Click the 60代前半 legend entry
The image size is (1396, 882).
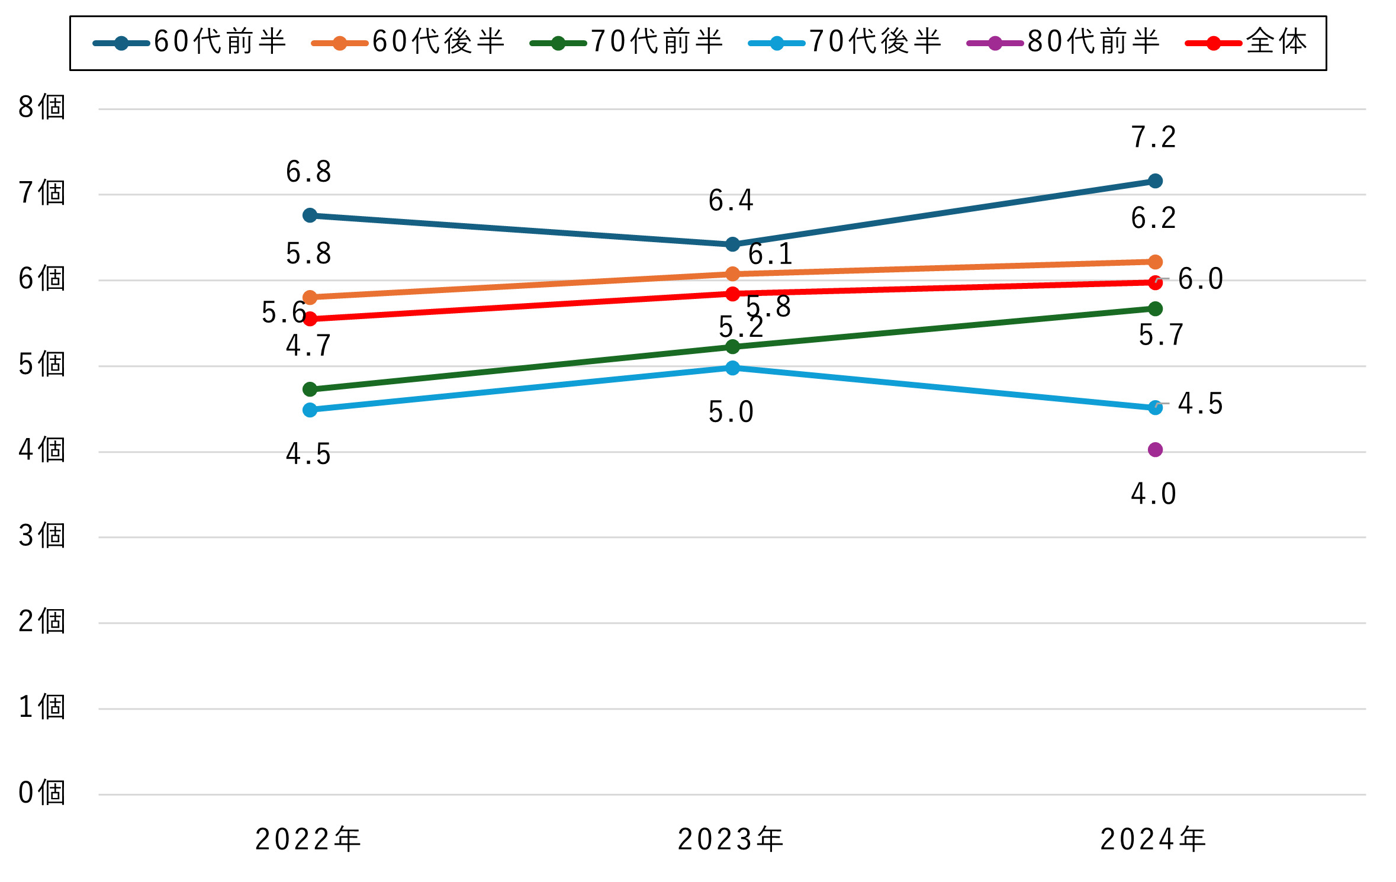189,43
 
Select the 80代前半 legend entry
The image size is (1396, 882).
1063,43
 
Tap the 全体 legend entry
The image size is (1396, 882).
1246,43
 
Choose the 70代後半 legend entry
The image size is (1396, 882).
844,43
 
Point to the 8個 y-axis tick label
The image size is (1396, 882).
41,108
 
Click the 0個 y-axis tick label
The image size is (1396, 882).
41,793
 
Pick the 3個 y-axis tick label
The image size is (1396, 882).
41,536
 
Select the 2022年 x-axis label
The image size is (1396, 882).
308,839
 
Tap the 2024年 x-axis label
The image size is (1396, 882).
1153,839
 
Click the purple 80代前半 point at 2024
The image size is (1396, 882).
1155,450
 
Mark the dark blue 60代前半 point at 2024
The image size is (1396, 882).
1155,181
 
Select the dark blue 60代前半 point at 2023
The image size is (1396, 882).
732,244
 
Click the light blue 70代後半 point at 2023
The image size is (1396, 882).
732,368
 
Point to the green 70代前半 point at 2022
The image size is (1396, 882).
310,389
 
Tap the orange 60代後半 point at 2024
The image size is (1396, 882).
1155,262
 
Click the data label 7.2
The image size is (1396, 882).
1153,137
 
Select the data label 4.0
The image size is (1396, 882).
1153,494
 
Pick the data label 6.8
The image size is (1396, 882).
308,172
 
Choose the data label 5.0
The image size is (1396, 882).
731,412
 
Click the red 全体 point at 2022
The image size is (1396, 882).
310,319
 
